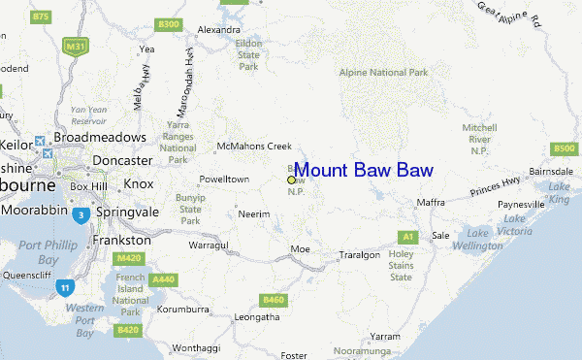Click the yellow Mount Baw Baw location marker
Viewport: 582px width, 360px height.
point(291,180)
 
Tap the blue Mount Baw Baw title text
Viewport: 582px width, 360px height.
point(363,170)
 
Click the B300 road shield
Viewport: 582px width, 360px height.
point(168,24)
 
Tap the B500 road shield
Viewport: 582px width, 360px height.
point(564,148)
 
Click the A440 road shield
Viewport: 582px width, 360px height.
point(164,279)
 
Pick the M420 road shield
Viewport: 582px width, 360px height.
point(127,258)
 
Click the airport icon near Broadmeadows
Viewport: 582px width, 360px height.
point(41,140)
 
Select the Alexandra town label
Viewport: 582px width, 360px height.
point(218,30)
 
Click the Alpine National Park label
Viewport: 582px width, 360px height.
point(383,72)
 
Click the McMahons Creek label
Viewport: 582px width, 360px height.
point(253,147)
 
